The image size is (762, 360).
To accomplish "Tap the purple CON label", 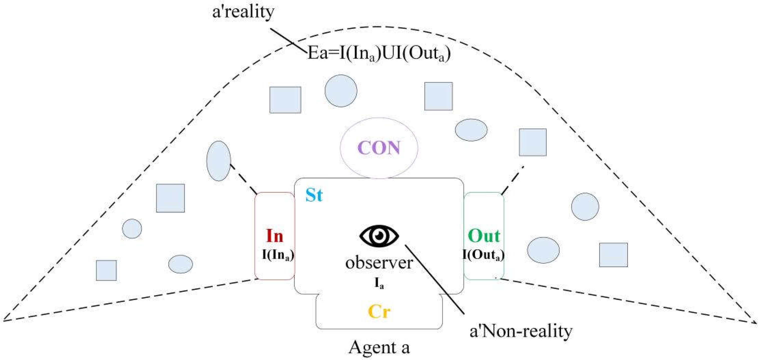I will point(379,148).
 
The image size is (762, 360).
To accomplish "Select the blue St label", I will point(314,195).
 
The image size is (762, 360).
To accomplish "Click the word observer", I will point(379,263).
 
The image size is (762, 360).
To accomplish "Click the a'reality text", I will point(243,12).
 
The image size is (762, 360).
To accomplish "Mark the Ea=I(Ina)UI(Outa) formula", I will point(379,54).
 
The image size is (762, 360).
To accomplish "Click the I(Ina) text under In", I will point(278,255).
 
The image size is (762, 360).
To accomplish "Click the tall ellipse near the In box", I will point(219,161).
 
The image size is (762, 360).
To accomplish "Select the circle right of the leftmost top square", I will point(341,91).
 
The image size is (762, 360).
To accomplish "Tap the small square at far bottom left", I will point(106,270).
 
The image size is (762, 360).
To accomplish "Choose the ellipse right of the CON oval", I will point(471,130).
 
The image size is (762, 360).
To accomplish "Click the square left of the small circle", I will point(170,198).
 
